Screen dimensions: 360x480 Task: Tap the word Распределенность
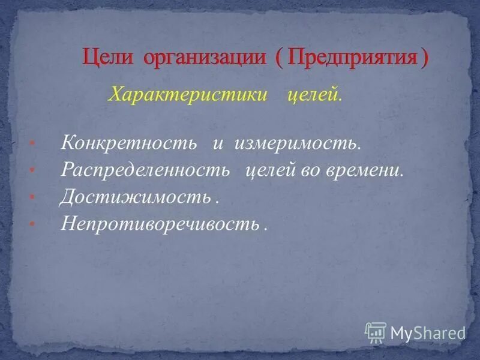[x=145, y=170]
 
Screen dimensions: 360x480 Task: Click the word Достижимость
[x=135, y=197]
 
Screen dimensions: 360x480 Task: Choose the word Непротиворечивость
[x=160, y=223]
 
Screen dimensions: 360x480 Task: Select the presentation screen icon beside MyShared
[x=376, y=332]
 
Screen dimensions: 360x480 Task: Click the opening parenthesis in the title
[x=280, y=59]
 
